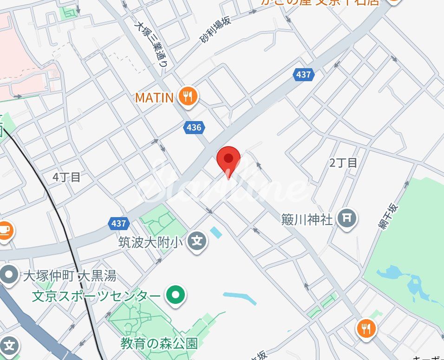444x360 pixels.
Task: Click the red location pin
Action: [229, 160]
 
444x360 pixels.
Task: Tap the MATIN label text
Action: [154, 97]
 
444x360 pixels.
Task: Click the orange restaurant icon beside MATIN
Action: [188, 96]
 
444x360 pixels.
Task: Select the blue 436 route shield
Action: [194, 127]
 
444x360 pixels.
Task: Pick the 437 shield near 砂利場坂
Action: [304, 74]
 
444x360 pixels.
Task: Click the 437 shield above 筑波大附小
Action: [119, 223]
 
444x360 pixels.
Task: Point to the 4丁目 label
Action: [66, 177]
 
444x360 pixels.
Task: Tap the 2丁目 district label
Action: [343, 163]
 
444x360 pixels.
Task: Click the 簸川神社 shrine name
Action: [307, 219]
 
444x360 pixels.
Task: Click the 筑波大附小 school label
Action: [151, 241]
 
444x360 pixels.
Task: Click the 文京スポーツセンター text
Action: [96, 296]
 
